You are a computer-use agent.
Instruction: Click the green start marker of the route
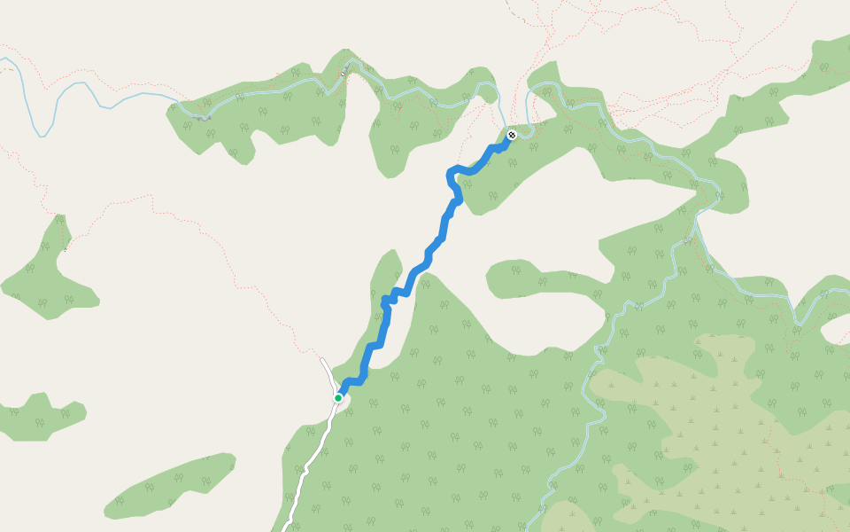[338, 398]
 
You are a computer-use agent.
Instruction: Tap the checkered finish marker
[512, 136]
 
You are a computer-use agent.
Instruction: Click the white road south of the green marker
[310, 461]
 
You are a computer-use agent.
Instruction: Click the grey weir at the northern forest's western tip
[204, 117]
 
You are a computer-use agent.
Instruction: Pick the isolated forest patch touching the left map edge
[40, 417]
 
